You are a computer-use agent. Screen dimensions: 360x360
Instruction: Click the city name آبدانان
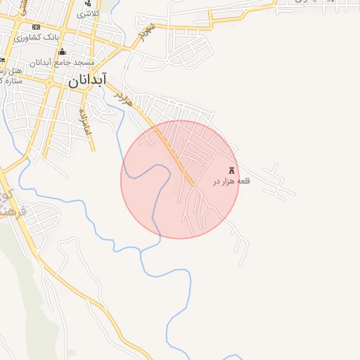pyautogui.click(x=87, y=80)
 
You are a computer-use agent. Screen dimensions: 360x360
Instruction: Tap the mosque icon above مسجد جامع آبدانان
pyautogui.click(x=62, y=52)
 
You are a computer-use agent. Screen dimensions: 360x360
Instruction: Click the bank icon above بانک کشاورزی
pyautogui.click(x=36, y=27)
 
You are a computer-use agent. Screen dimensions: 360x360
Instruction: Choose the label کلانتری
pyautogui.click(x=89, y=14)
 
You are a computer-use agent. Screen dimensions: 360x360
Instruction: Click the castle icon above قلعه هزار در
pyautogui.click(x=232, y=170)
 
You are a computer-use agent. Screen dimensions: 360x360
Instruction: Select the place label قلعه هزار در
pyautogui.click(x=231, y=182)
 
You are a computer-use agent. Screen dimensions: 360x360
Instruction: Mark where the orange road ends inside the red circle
pyautogui.click(x=193, y=186)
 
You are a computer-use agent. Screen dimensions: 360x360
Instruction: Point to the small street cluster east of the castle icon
pyautogui.click(x=278, y=181)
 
